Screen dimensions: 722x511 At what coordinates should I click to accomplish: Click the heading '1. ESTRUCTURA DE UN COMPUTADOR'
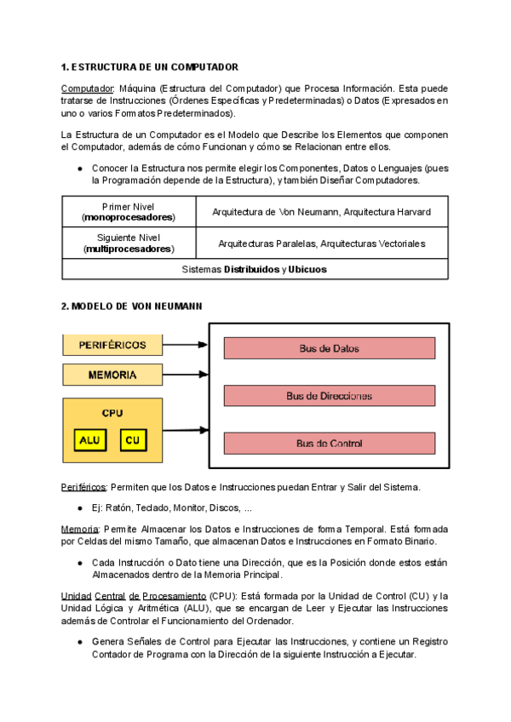150,66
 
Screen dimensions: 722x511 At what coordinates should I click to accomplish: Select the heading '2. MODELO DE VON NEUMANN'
132,306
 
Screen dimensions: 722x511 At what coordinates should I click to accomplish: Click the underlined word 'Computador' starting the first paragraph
88,89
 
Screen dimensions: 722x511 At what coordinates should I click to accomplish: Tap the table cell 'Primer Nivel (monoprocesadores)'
128,211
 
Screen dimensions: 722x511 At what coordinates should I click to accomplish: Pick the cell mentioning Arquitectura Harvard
321,211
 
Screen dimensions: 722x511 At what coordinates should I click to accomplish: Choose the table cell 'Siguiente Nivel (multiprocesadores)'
128,244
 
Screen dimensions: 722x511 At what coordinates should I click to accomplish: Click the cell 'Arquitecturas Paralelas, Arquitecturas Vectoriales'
321,244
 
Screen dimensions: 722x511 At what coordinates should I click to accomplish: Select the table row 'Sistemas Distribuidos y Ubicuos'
255,269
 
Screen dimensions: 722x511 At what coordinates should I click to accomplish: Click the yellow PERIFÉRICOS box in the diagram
112,345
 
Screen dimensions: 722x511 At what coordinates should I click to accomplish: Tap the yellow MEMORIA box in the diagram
112,375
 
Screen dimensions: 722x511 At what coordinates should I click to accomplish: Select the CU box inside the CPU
131,440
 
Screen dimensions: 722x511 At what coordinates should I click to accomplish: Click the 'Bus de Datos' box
329,348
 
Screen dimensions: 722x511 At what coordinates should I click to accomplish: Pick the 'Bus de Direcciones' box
329,395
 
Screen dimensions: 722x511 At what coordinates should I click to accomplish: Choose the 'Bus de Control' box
329,443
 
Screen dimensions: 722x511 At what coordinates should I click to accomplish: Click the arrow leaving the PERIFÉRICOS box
186,345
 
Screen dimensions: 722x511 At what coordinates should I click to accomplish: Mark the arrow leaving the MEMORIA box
186,375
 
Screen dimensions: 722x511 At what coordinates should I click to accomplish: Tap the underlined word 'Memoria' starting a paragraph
79,529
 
